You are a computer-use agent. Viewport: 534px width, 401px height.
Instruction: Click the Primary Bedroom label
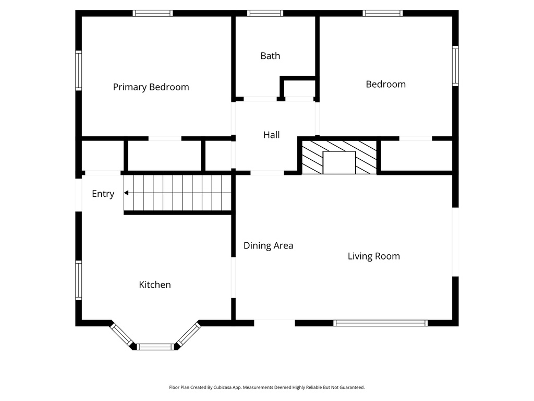pos(151,87)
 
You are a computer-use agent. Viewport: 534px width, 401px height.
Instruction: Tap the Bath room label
pos(270,56)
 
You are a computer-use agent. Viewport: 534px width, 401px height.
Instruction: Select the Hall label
pos(271,135)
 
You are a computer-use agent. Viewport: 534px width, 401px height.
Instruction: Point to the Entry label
pos(103,194)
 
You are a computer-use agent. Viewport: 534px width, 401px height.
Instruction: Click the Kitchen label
pos(154,285)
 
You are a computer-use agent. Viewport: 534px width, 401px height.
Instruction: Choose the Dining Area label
pos(268,245)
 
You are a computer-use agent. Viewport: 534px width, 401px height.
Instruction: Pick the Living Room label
pos(373,256)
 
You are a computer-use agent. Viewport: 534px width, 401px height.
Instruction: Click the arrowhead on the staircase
pos(126,193)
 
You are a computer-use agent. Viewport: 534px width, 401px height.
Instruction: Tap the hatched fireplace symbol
pos(339,156)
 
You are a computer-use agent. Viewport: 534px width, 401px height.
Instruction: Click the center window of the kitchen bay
pos(155,346)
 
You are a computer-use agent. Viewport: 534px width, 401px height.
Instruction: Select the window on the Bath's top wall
pos(265,13)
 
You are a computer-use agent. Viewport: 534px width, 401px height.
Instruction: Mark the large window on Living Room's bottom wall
pos(380,323)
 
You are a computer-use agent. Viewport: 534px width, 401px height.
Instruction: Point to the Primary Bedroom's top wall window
pos(152,13)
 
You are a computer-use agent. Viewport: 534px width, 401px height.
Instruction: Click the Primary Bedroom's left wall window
pos(79,70)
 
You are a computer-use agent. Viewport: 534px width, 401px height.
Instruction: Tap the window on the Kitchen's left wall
pos(79,280)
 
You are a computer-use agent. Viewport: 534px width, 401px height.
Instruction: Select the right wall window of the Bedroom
pos(455,66)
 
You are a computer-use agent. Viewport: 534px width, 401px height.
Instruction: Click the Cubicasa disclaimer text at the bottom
pos(266,387)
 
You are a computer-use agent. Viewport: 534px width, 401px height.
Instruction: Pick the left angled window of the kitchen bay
pos(122,334)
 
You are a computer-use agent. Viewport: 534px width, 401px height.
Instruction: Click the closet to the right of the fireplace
pos(416,156)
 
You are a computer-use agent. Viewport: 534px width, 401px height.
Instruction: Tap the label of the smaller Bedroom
pos(385,84)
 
